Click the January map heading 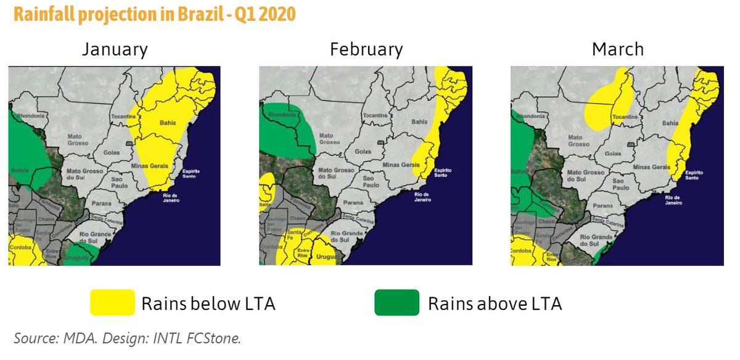point(115,49)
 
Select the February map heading point(366,49)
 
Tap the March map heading point(617,49)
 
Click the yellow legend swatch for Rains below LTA point(112,303)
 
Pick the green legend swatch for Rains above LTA point(396,303)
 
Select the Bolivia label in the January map point(20,170)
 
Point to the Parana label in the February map point(353,202)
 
